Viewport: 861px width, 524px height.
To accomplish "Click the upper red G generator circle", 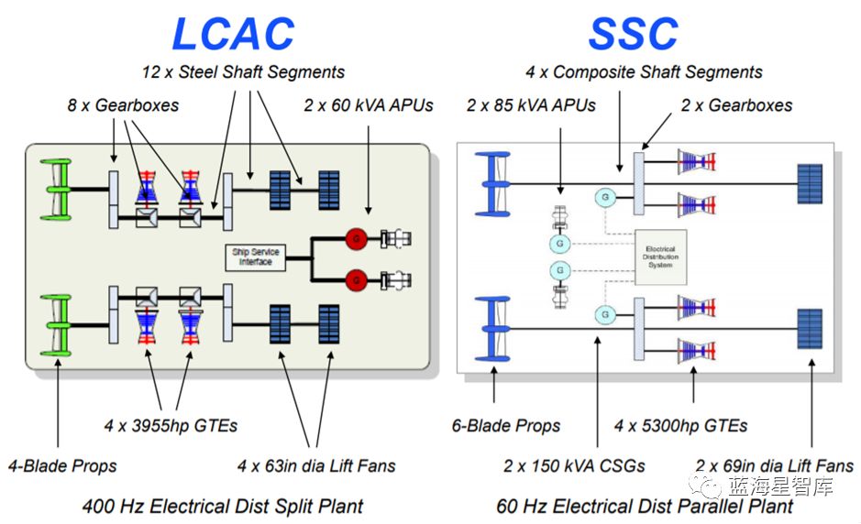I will coord(356,239).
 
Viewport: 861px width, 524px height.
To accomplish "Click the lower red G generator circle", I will coord(356,277).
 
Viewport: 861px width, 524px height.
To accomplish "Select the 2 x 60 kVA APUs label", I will coord(368,105).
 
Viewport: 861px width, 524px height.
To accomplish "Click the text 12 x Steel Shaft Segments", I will coord(243,71).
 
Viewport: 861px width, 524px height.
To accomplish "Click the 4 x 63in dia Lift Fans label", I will coord(316,465).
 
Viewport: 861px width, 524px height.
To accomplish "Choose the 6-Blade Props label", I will coord(505,425).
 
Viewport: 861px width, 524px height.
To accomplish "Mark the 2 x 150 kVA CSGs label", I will coord(574,465).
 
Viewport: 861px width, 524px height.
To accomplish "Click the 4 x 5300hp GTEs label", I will coord(680,425).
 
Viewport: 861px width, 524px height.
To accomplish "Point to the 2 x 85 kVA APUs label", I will coord(531,105).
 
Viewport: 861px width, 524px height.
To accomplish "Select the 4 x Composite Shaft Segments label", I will coord(644,71).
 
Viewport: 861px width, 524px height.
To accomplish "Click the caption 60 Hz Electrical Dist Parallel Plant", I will coord(645,506).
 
